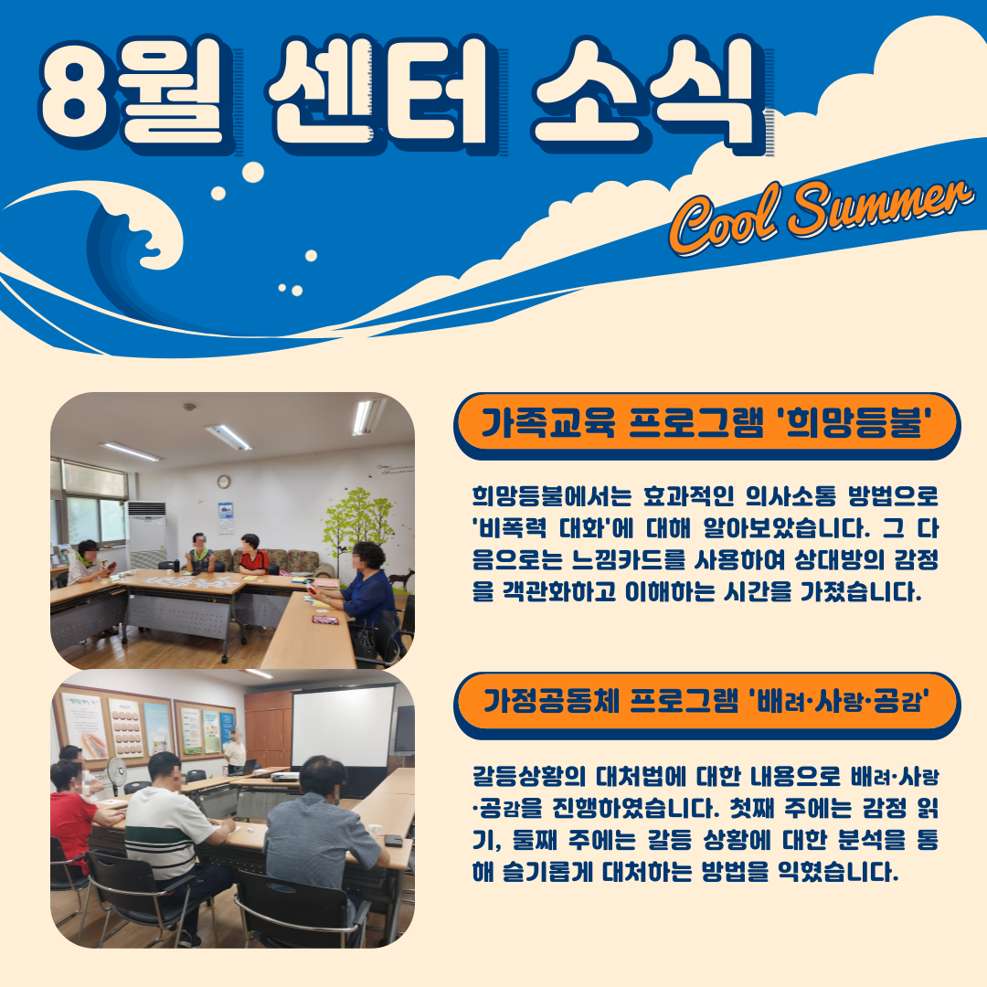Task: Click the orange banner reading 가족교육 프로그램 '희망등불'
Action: [x=706, y=424]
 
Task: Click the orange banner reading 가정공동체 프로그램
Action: [x=706, y=703]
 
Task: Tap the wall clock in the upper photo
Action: [x=224, y=482]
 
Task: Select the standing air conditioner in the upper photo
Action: [x=146, y=534]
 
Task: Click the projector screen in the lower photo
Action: [x=343, y=727]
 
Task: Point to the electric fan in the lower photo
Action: [x=117, y=773]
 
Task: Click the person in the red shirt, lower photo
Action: [x=71, y=812]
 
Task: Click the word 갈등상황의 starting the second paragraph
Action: [x=529, y=777]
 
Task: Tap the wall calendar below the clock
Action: [x=226, y=517]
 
